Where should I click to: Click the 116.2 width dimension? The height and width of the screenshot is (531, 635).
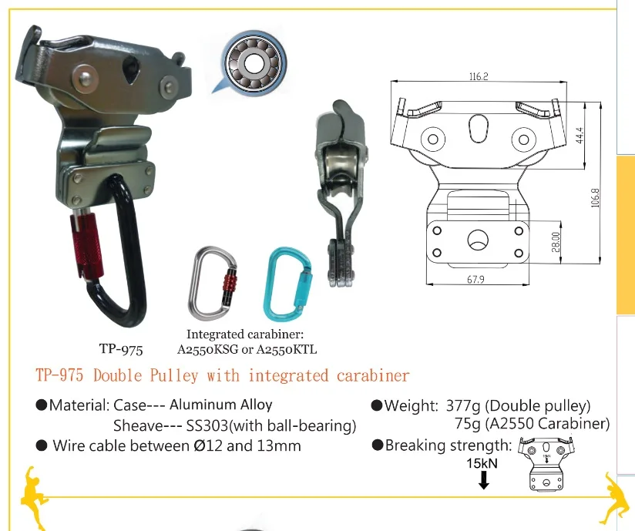pyautogui.click(x=479, y=77)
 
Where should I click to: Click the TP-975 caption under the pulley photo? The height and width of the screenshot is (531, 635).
pyautogui.click(x=121, y=350)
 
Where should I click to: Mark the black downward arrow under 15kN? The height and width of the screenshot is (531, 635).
pyautogui.click(x=483, y=481)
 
